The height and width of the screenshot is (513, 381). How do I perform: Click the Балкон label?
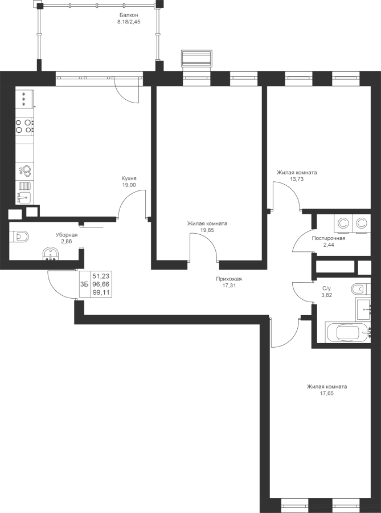point(128,15)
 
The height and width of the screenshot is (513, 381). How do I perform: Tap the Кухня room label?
point(129,178)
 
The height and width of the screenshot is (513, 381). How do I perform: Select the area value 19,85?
point(207,230)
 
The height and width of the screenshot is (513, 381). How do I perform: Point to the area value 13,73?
point(297,179)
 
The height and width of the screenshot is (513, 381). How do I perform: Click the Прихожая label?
point(229,279)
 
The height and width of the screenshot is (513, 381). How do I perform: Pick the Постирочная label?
point(329,238)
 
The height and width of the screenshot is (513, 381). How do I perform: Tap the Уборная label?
point(66,235)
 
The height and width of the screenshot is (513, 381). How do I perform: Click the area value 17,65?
point(327,393)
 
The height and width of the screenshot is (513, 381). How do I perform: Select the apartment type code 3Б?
point(84,284)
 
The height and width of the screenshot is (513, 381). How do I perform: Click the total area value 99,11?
point(101,292)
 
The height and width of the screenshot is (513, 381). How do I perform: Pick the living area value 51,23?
point(101,276)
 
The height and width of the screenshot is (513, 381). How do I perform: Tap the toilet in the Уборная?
point(20,237)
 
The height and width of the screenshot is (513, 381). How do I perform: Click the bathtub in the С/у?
point(348,333)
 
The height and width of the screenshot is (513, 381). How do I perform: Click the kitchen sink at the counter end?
point(24,198)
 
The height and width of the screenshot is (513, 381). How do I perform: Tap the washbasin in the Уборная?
point(50,254)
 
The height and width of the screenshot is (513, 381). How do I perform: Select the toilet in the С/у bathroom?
point(360,289)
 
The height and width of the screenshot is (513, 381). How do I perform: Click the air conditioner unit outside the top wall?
point(196,59)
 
